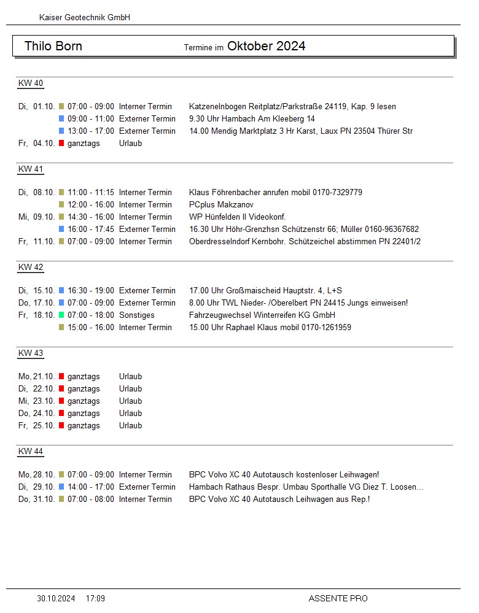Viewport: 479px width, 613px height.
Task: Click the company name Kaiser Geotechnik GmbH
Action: [85, 18]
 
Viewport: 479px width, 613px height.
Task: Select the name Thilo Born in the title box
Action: [53, 47]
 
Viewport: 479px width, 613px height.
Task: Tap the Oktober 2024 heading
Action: [266, 47]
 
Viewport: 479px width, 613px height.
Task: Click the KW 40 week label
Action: [31, 83]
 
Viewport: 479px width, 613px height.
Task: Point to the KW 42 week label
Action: [31, 268]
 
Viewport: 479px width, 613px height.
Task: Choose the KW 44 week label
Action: [31, 452]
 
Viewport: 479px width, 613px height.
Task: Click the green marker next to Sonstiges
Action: [61, 315]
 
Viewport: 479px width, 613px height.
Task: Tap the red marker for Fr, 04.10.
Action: [61, 143]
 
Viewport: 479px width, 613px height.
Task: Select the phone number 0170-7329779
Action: [335, 192]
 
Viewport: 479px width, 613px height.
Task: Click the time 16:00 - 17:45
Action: [91, 229]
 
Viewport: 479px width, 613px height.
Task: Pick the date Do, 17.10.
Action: [37, 303]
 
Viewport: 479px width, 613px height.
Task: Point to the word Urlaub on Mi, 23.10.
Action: [130, 401]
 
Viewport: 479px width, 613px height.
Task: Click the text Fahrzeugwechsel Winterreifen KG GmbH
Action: [262, 315]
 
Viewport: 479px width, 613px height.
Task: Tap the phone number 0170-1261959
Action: [326, 327]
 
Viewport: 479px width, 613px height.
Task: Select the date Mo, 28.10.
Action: [37, 474]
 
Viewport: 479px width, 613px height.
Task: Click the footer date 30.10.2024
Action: [56, 598]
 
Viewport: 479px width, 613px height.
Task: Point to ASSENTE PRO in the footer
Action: [338, 598]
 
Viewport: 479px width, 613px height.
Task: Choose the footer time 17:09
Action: [95, 598]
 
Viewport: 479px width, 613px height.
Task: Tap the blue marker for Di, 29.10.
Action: [61, 487]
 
